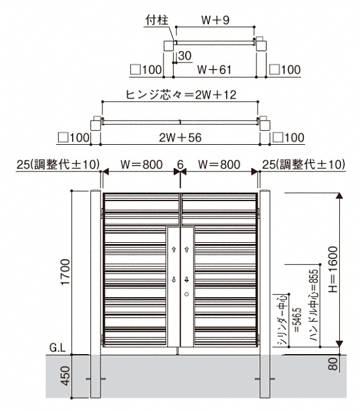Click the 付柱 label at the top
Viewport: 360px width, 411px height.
pos(157,20)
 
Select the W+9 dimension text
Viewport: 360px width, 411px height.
pos(215,20)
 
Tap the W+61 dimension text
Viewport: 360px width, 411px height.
pos(214,70)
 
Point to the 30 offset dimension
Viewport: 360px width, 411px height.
pos(185,56)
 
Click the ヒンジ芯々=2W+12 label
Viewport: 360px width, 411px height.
pos(181,95)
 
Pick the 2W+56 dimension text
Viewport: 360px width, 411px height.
pos(181,138)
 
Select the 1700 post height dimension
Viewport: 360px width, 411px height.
pos(65,272)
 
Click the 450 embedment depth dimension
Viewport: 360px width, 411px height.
pos(65,376)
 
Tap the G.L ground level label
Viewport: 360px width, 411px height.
pos(57,348)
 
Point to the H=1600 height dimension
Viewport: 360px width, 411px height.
pos(333,269)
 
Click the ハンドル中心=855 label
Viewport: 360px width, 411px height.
pos(314,305)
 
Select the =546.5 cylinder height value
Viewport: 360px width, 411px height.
pos(297,320)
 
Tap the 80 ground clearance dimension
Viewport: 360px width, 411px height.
pos(333,364)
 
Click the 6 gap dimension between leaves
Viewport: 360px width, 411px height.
pos(180,164)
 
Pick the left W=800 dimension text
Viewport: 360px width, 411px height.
pos(141,164)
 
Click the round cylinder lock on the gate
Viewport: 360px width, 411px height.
pos(187,295)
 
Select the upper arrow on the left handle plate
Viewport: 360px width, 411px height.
pos(174,250)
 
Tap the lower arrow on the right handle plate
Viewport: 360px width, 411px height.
pos(187,279)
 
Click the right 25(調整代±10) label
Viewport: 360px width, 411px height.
pos(304,164)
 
